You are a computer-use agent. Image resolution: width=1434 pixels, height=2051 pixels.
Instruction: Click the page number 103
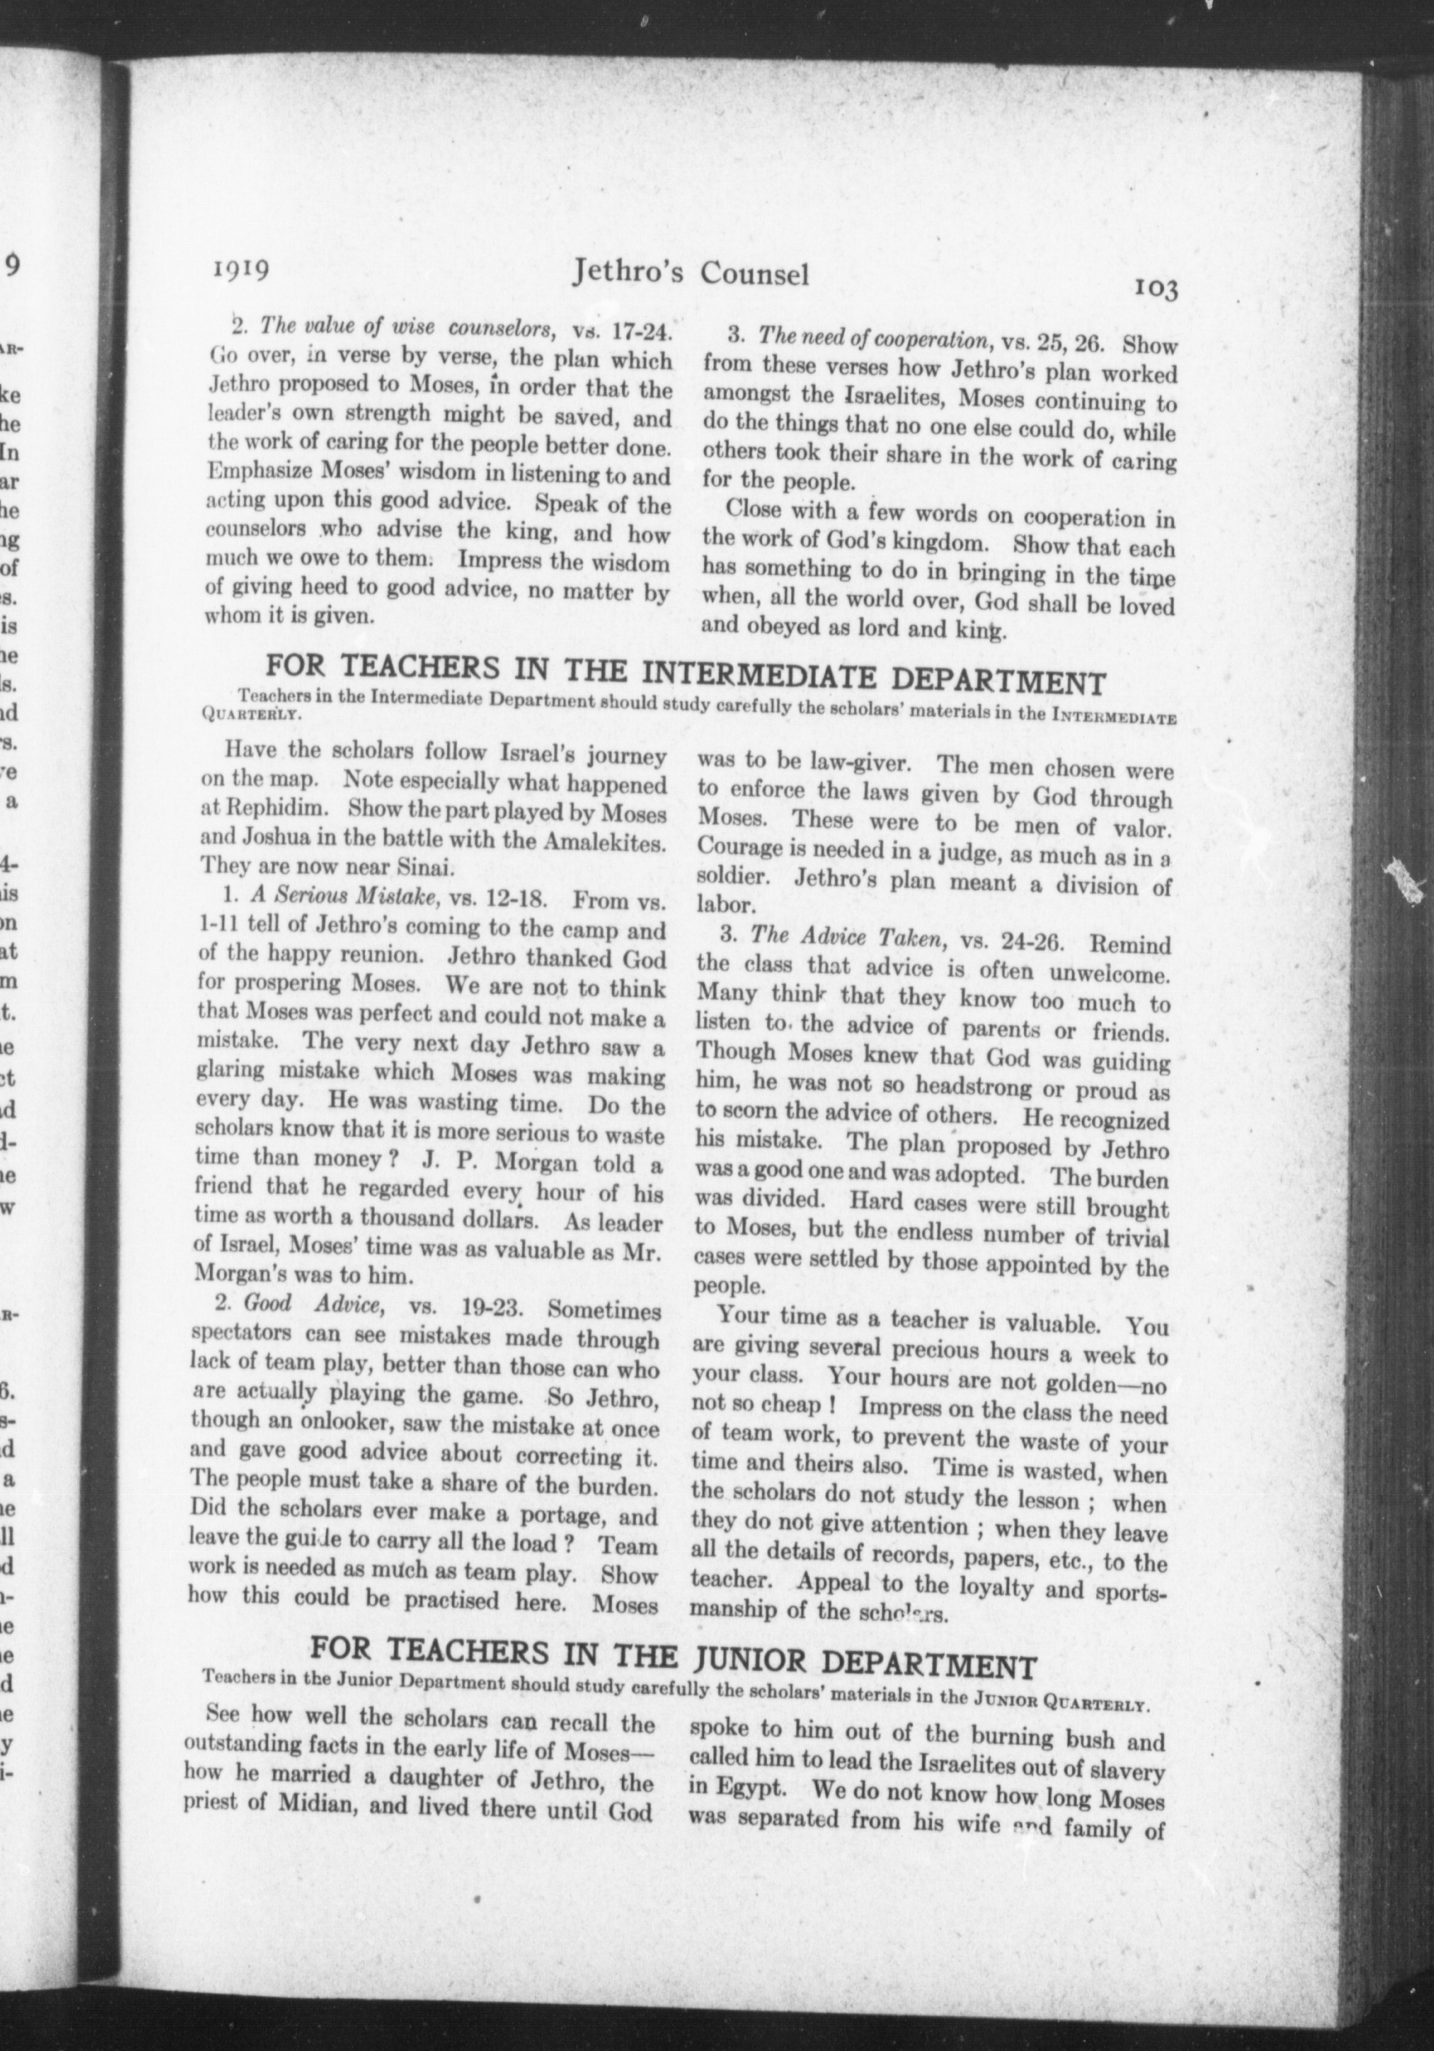(1157, 289)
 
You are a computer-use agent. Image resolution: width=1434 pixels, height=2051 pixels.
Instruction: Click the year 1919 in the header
(242, 269)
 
